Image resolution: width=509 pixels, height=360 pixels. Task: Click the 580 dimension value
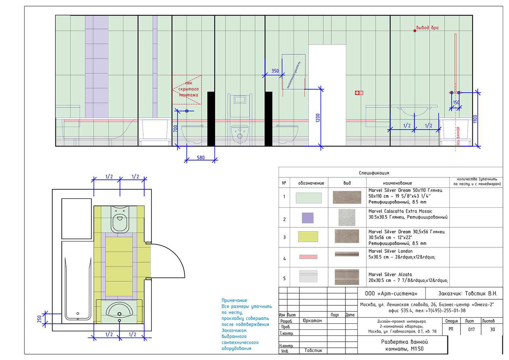pyautogui.click(x=201, y=157)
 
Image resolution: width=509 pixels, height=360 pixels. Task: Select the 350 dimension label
pyautogui.click(x=275, y=71)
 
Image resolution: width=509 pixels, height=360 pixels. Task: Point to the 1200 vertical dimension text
pyautogui.click(x=318, y=118)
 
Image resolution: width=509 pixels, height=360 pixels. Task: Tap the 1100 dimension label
pyautogui.click(x=475, y=119)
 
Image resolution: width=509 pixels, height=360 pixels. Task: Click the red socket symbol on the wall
pyautogui.click(x=359, y=93)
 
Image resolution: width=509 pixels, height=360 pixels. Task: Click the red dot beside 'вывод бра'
pyautogui.click(x=415, y=31)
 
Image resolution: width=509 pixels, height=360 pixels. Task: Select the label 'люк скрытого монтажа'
pyautogui.click(x=188, y=89)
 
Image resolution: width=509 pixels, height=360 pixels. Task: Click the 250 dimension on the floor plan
pyautogui.click(x=40, y=319)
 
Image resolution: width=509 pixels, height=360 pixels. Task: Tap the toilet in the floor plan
pyautogui.click(x=120, y=219)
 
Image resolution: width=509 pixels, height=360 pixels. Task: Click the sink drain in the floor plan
pyautogui.click(x=119, y=314)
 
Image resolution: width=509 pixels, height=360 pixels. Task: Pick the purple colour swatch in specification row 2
pyautogui.click(x=308, y=218)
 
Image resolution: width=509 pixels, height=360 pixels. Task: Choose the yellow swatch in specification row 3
pyautogui.click(x=308, y=236)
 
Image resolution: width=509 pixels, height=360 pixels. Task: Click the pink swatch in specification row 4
pyautogui.click(x=308, y=257)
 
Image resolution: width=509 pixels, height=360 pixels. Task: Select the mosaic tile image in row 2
pyautogui.click(x=347, y=217)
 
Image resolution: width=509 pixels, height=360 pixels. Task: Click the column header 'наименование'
pyautogui.click(x=397, y=183)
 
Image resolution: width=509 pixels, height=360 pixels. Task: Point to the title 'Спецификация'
pyautogui.click(x=374, y=173)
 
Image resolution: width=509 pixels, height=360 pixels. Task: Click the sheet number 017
pyautogui.click(x=471, y=329)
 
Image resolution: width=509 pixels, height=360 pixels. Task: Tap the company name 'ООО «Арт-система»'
pyautogui.click(x=391, y=293)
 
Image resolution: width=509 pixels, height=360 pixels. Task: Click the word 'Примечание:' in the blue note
pyautogui.click(x=235, y=300)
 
